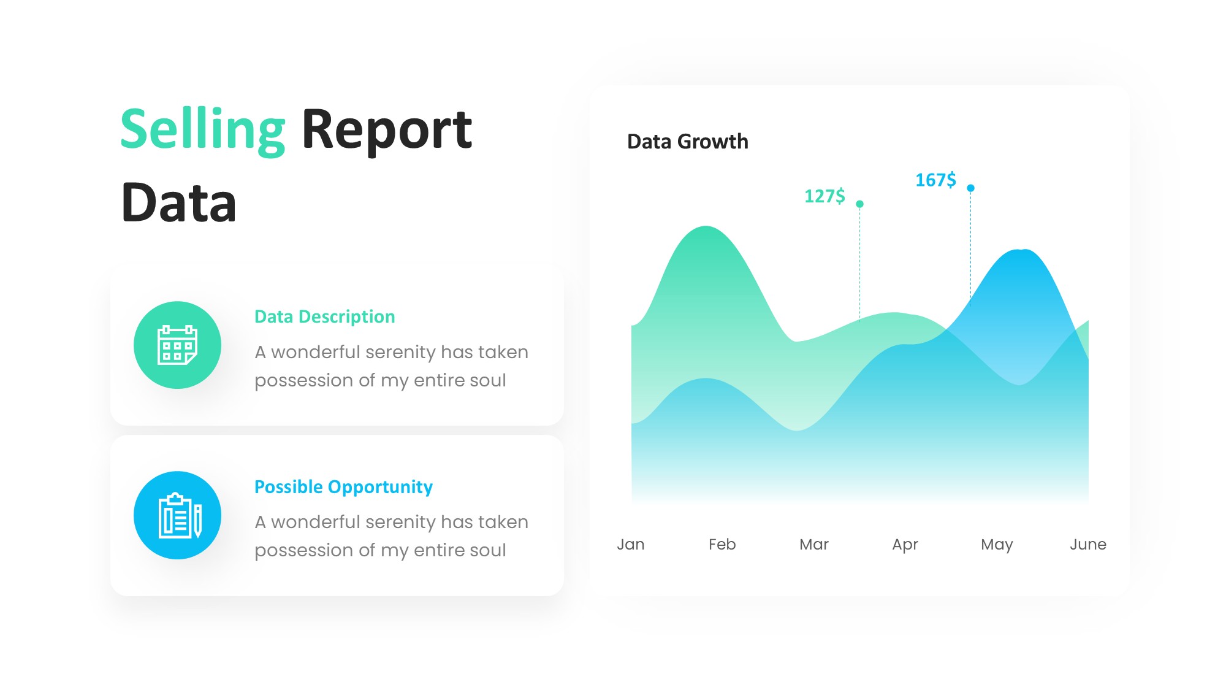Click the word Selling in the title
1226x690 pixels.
(x=203, y=130)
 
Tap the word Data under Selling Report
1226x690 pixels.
(x=179, y=202)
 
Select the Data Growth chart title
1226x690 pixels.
(x=688, y=142)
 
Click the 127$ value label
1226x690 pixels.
(x=824, y=196)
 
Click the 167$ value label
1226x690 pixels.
(x=935, y=180)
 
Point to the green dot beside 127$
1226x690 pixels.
(x=859, y=204)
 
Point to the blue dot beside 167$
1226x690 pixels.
(x=970, y=188)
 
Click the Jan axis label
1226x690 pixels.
(x=631, y=544)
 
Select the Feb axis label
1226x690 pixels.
(x=722, y=544)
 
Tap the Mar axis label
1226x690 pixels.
(x=814, y=544)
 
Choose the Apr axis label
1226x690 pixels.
(x=905, y=545)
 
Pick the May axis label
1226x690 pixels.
(x=997, y=545)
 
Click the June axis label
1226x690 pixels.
(x=1088, y=544)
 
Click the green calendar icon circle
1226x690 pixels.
(x=178, y=345)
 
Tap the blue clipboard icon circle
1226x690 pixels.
(x=178, y=515)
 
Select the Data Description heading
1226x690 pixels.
(x=325, y=316)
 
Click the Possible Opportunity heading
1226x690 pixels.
(x=343, y=487)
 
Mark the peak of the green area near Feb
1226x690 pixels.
(x=706, y=227)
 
